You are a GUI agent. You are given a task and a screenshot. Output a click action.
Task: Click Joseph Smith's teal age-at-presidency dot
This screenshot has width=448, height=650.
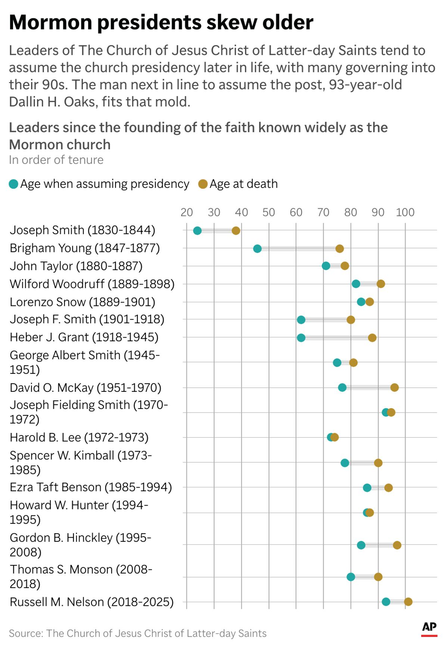click(x=197, y=231)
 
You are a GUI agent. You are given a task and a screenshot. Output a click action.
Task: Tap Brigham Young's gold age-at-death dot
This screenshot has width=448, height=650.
click(x=339, y=249)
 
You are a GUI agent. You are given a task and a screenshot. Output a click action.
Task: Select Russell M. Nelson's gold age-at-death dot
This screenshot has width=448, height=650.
click(x=408, y=601)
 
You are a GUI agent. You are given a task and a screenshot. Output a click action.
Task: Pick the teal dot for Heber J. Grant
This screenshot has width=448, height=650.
click(x=301, y=338)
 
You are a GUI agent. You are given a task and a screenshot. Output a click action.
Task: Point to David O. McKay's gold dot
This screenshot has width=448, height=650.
click(x=394, y=387)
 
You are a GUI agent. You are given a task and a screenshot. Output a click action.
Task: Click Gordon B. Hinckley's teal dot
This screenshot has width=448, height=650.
click(x=361, y=545)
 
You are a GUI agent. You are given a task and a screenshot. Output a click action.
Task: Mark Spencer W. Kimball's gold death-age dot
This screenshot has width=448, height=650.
click(x=378, y=463)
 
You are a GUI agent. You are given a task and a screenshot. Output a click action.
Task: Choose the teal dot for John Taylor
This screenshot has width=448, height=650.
click(x=326, y=266)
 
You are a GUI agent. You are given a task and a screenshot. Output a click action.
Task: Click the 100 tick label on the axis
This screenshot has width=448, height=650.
click(x=405, y=212)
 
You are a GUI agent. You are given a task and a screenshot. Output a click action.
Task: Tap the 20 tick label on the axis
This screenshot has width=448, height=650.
click(x=187, y=212)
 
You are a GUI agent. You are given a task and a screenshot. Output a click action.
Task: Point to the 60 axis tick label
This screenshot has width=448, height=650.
click(x=296, y=212)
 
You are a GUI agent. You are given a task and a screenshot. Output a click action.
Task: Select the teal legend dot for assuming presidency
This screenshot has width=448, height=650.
click(x=14, y=184)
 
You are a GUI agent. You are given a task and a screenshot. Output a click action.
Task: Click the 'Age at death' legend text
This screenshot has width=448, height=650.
click(x=243, y=184)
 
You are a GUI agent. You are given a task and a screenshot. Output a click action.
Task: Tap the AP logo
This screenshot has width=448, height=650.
click(x=429, y=628)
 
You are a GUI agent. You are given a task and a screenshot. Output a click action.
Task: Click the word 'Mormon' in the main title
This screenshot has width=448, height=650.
click(x=50, y=22)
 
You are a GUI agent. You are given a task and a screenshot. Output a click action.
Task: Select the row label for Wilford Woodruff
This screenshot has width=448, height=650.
click(x=92, y=284)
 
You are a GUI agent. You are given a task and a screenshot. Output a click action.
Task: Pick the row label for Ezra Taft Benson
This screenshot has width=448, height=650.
click(x=91, y=487)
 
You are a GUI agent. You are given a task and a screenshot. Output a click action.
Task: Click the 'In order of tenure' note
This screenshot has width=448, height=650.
click(x=56, y=160)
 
